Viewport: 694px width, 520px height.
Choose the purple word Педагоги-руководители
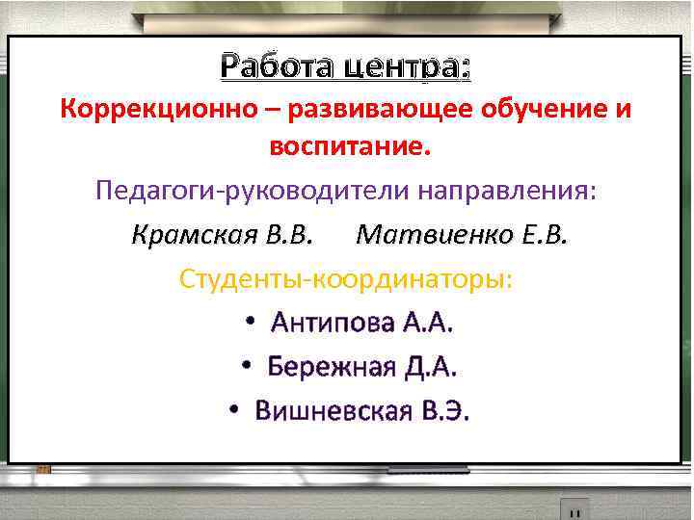click(253, 191)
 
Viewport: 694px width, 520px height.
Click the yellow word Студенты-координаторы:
click(346, 278)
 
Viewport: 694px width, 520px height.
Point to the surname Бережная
click(331, 367)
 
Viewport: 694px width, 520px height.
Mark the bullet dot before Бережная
click(247, 367)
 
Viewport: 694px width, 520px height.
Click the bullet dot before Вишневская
click(234, 411)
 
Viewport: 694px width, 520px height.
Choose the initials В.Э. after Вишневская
click(444, 411)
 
